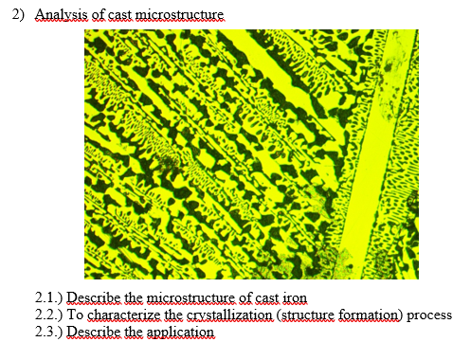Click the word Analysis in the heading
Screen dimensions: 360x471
59,16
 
